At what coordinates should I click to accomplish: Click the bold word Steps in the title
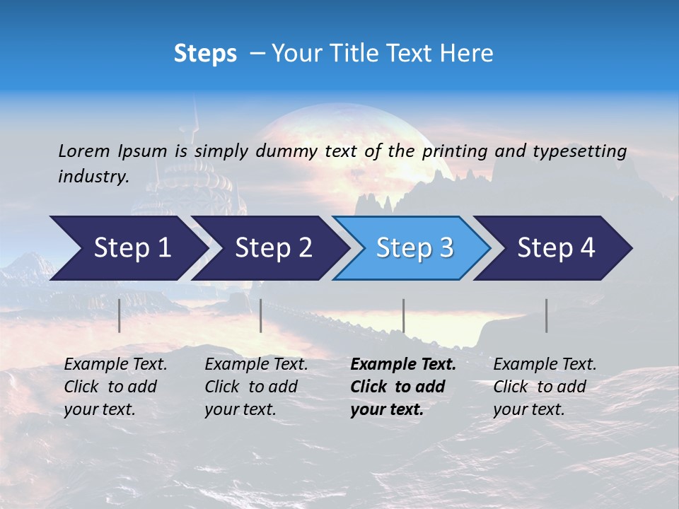pyautogui.click(x=205, y=54)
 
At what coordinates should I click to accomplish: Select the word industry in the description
pyautogui.click(x=93, y=176)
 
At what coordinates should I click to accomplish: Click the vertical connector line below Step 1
pyautogui.click(x=119, y=315)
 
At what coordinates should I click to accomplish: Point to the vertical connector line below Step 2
pyautogui.click(x=261, y=315)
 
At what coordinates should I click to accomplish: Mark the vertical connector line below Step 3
pyautogui.click(x=403, y=315)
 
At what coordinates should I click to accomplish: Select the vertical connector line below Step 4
pyautogui.click(x=546, y=315)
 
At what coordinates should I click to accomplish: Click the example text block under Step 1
pyautogui.click(x=115, y=387)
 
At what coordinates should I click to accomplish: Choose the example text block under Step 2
pyautogui.click(x=256, y=387)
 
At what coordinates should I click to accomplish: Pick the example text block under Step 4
pyautogui.click(x=545, y=387)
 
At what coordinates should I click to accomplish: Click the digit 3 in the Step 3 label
pyautogui.click(x=446, y=248)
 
